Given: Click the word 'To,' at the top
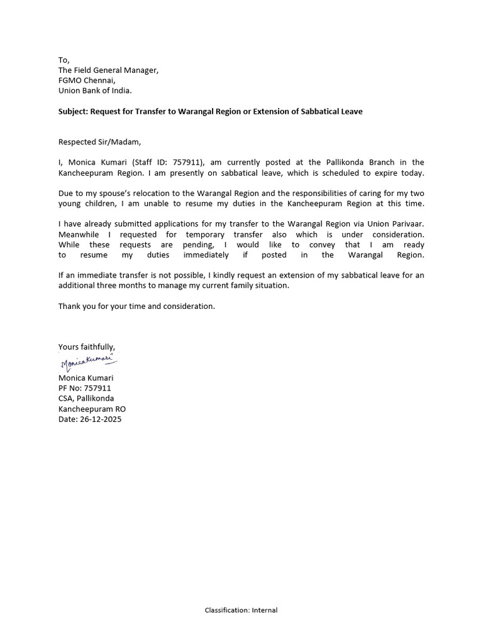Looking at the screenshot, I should coord(64,60).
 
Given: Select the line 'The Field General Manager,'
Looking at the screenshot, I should coord(108,70).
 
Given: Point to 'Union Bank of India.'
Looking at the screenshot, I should coord(95,90).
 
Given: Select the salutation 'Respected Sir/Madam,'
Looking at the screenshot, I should coord(96,142).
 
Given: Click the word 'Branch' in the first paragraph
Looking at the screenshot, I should coord(378,163).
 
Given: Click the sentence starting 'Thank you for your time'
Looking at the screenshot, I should coord(136,306).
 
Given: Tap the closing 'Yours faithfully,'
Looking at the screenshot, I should coord(87,347).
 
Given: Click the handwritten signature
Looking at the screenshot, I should coord(89,362).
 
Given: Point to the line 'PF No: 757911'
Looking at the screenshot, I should coord(84,388).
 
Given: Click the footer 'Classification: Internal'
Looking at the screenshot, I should coord(241,610).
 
